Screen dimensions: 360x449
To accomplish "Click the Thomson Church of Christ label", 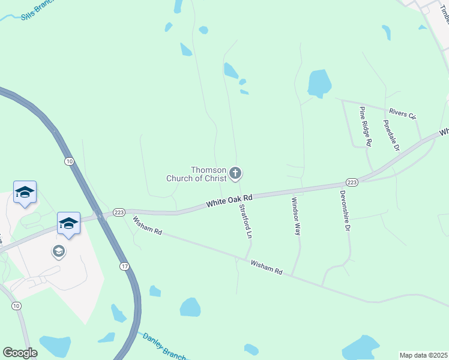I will [196, 174].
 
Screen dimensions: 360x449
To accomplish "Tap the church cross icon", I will [235, 174].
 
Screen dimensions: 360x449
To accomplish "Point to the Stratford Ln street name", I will [245, 222].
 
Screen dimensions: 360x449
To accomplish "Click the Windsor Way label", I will [295, 217].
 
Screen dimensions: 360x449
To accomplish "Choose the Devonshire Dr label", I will [345, 212].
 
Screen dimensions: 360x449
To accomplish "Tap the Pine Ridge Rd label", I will [366, 126].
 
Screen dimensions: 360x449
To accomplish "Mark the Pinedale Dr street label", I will [391, 135].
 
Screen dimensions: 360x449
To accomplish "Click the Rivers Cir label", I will [402, 113].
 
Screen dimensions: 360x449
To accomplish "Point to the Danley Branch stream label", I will [164, 347].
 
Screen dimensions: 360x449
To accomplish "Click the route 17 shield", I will [124, 266].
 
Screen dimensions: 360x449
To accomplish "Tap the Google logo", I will [20, 353].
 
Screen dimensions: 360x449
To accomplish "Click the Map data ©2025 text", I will [424, 355].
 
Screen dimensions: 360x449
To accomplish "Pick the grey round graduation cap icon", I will [59, 251].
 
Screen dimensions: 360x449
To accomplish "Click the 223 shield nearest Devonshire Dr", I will [352, 182].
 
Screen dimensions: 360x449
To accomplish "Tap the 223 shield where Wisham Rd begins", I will [119, 212].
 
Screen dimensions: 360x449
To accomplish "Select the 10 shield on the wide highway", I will [70, 161].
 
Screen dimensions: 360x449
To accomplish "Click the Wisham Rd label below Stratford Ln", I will [266, 267].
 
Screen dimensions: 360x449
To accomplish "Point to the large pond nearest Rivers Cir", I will [319, 82].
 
